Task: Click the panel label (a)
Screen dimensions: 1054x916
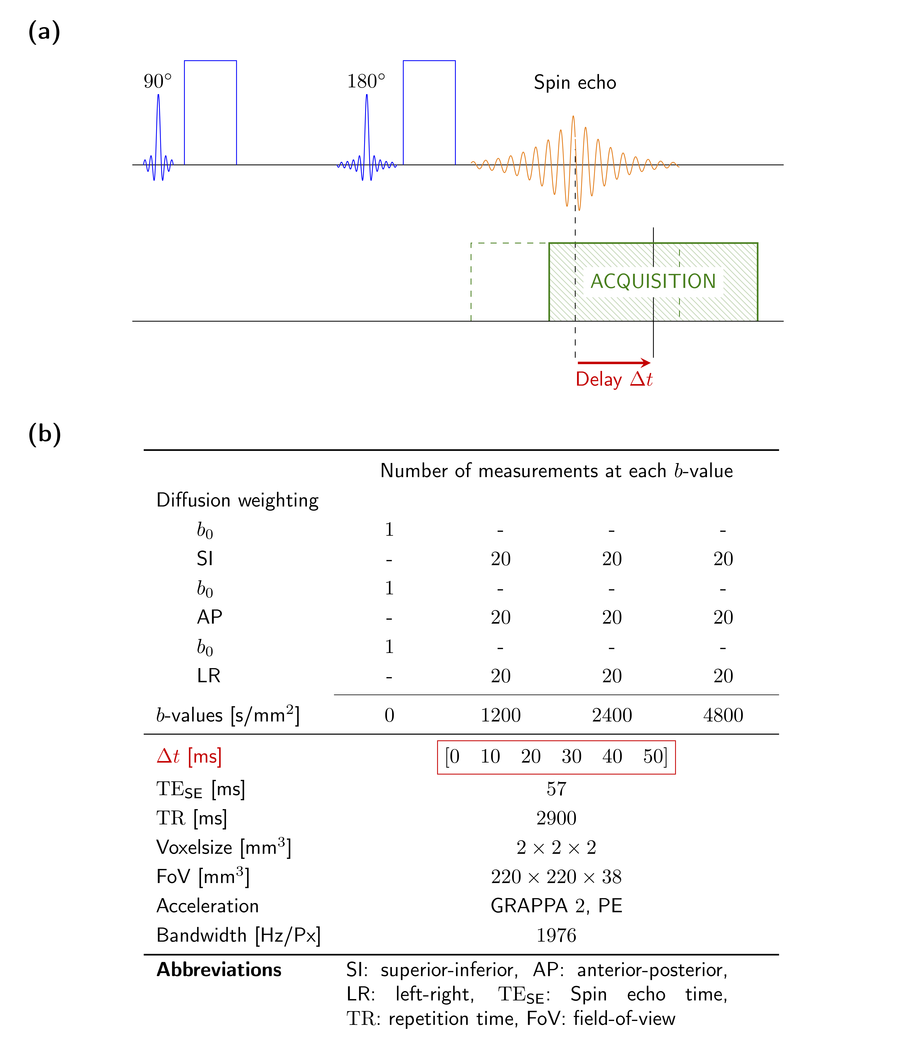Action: pyautogui.click(x=44, y=32)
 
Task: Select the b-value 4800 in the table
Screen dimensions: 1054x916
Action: pyautogui.click(x=723, y=715)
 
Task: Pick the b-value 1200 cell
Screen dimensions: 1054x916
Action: pyautogui.click(x=500, y=715)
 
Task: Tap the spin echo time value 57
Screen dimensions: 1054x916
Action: pyautogui.click(x=556, y=789)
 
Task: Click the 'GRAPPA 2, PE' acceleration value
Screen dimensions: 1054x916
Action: pyautogui.click(x=556, y=906)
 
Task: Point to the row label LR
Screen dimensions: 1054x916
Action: pyautogui.click(x=209, y=676)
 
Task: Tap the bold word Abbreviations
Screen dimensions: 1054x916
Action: pyautogui.click(x=219, y=970)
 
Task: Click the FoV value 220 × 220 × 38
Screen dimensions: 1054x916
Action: pyautogui.click(x=556, y=877)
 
